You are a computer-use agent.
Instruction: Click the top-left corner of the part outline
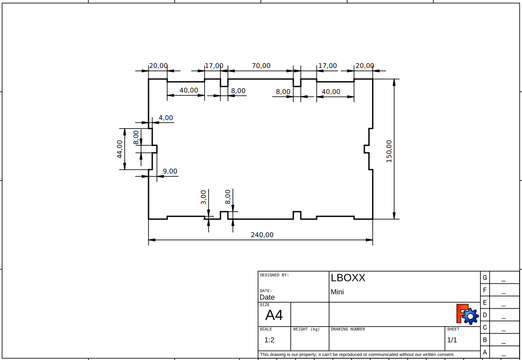point(148,79)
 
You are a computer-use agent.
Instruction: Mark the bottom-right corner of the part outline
point(373,219)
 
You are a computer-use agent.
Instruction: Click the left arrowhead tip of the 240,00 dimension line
point(148,240)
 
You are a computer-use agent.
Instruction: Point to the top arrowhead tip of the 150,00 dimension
point(394,79)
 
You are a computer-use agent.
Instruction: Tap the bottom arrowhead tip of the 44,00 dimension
point(125,169)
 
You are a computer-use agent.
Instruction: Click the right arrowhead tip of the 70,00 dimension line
point(293,70)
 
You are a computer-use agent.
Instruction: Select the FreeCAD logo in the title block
point(468,314)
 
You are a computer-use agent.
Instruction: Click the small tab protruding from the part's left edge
point(154,149)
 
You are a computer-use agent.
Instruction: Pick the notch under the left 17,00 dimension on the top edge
point(224,82)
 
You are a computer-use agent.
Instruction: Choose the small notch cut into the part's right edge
point(366,149)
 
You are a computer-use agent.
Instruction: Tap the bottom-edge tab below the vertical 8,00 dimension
point(224,215)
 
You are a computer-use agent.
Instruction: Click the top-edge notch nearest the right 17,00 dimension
point(297,82)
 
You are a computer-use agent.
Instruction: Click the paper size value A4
point(274,315)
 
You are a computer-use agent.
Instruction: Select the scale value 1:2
point(269,340)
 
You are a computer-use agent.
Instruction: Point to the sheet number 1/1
point(452,340)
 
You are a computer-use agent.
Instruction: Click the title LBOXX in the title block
point(348,278)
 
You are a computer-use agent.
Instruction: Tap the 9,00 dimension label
point(170,172)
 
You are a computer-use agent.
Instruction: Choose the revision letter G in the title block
point(485,278)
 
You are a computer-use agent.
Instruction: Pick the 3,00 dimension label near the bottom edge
point(204,197)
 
